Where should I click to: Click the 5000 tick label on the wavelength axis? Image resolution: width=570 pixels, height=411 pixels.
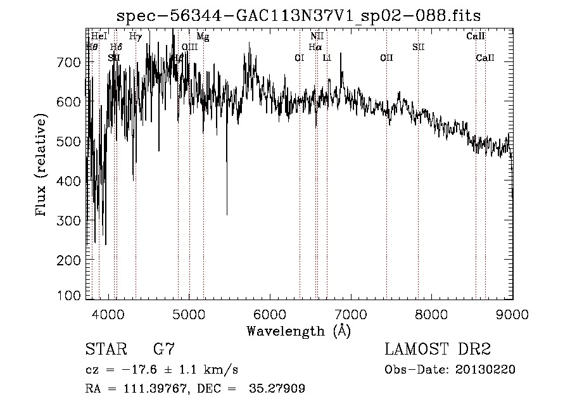click(189, 313)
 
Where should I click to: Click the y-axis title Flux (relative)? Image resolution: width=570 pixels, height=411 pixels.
click(42, 166)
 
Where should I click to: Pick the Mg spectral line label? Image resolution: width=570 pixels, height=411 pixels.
click(203, 37)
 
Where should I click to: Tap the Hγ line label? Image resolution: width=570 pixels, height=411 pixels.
click(135, 37)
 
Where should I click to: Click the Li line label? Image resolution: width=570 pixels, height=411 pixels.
click(327, 58)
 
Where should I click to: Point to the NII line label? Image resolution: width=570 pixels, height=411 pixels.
click(317, 37)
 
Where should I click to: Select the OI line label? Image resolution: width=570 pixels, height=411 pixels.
click(300, 58)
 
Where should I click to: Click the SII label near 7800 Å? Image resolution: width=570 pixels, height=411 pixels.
click(419, 47)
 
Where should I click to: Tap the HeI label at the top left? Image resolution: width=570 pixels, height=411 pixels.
click(99, 37)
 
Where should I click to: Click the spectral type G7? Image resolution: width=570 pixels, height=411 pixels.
click(164, 349)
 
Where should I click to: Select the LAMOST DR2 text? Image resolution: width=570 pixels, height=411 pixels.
click(438, 349)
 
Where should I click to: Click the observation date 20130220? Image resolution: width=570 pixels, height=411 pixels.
click(485, 369)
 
